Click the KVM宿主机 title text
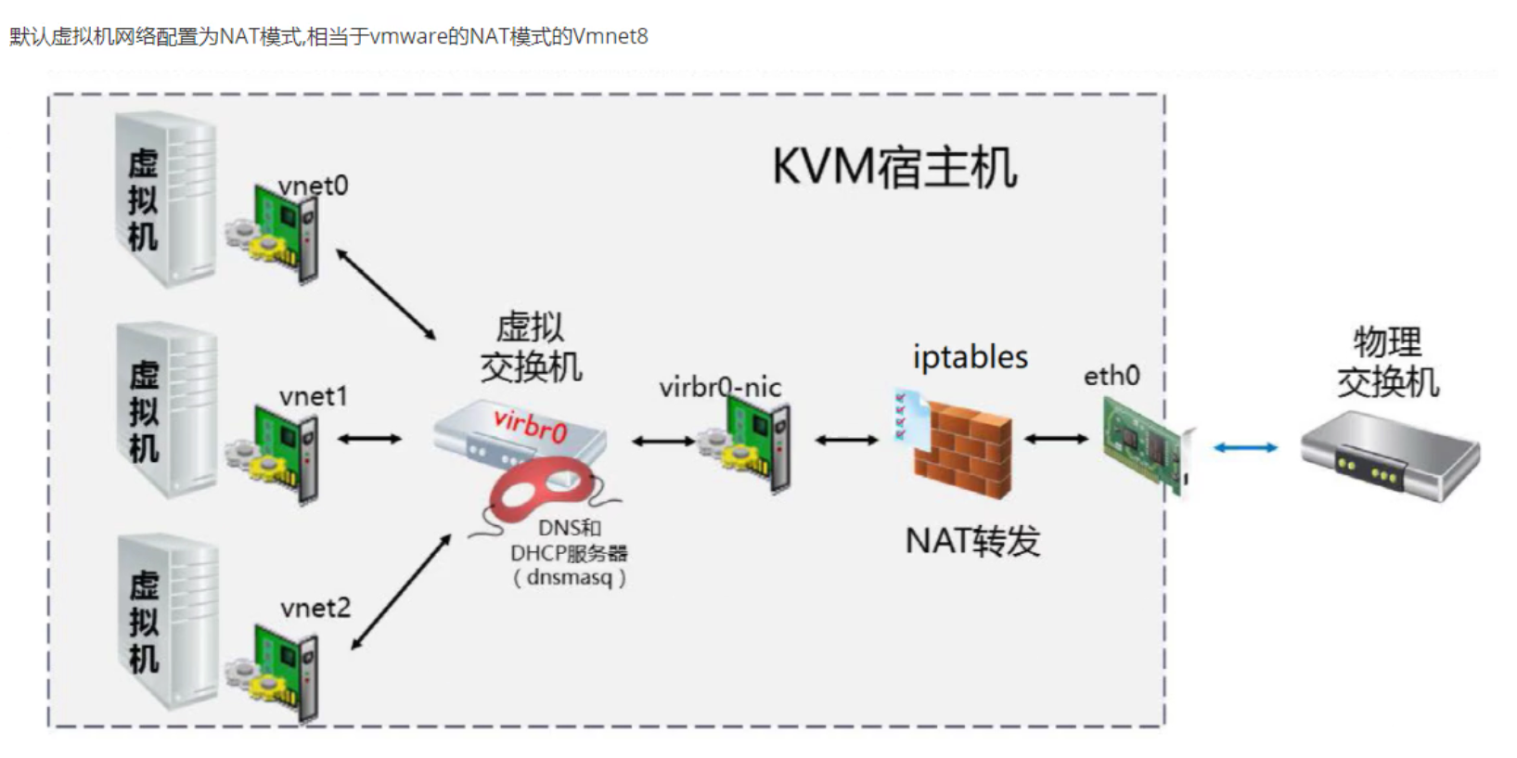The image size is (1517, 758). coord(894,169)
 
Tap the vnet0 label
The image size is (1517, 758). coord(314,186)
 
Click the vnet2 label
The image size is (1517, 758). coord(315,608)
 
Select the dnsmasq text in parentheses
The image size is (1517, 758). coord(569,577)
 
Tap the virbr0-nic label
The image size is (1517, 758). coord(720,387)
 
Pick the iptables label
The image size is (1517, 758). coord(970,357)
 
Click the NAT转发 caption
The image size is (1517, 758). coord(972,540)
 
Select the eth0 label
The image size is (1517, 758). coord(1112,376)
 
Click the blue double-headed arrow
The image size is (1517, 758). coord(1245,448)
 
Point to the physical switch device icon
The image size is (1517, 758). coord(1388,456)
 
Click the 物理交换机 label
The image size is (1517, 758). coord(1387,362)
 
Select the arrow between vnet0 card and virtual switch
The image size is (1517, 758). coord(385,293)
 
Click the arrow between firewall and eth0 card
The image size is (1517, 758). coord(1056,438)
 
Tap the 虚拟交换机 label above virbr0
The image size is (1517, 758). coord(531,347)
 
